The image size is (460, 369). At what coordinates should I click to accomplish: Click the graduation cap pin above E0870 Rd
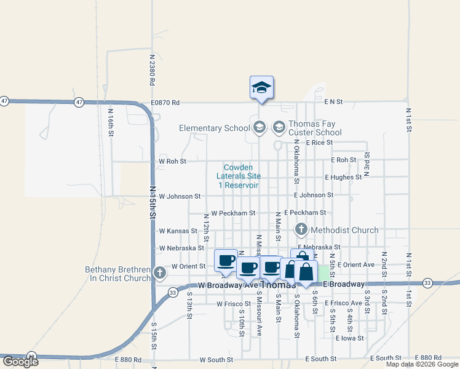(x=261, y=87)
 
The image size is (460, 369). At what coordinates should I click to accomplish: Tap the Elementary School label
(x=215, y=128)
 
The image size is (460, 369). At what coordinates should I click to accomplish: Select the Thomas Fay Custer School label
(x=315, y=128)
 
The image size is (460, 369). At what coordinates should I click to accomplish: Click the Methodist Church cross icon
(x=301, y=230)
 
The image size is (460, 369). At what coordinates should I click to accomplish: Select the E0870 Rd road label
(x=165, y=103)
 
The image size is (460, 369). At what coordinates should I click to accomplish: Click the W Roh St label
(x=172, y=161)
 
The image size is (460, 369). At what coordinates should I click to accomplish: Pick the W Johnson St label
(x=180, y=196)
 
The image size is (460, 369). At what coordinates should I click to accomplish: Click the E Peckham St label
(x=305, y=213)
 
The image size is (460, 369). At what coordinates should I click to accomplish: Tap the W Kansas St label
(x=177, y=231)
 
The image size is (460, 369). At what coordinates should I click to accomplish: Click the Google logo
(x=20, y=362)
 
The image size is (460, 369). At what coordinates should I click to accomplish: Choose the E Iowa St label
(x=351, y=338)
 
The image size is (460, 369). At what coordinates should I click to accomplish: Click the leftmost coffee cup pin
(x=226, y=260)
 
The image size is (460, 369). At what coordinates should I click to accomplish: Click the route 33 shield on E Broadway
(x=427, y=283)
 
